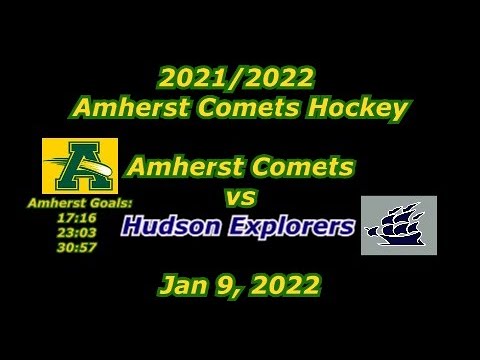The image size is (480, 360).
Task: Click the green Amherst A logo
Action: (x=75, y=166)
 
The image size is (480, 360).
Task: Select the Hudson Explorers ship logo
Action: (x=399, y=225)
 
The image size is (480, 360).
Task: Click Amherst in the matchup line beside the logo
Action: (x=188, y=166)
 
